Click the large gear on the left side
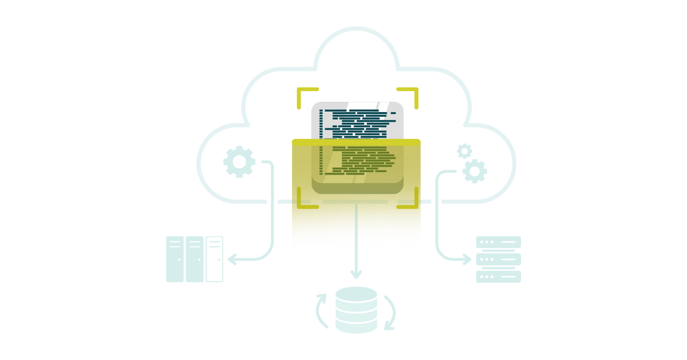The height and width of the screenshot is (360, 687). [239, 161]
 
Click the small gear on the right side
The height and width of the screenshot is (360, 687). [464, 151]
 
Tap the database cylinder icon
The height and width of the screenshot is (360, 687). [356, 310]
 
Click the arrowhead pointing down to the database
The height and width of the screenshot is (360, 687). [356, 274]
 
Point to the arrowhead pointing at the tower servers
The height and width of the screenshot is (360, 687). [232, 260]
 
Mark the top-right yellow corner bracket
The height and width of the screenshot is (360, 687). [411, 94]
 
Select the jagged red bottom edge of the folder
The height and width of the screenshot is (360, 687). [356, 241]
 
